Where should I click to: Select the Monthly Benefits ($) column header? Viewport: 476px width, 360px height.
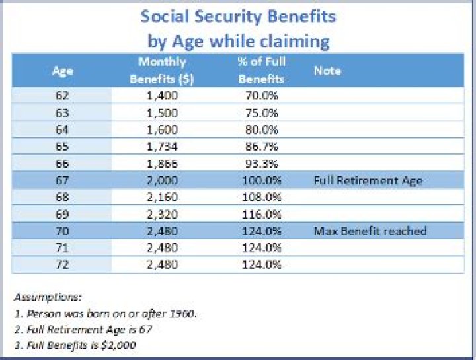point(161,70)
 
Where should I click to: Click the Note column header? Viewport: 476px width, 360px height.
point(327,70)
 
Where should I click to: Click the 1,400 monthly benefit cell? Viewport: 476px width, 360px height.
point(161,96)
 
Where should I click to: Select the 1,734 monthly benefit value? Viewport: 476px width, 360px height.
point(161,146)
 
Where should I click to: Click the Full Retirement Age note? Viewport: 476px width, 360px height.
point(368,180)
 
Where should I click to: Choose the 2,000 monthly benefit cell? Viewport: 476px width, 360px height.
point(161,180)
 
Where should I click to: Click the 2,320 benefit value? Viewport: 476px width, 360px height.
point(161,213)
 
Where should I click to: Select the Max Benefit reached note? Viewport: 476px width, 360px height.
point(370,231)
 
